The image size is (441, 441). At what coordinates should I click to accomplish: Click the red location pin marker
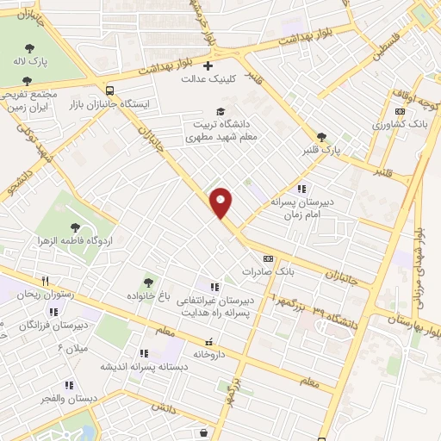click(221, 202)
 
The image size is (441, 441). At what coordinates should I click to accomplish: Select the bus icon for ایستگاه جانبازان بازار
click(109, 90)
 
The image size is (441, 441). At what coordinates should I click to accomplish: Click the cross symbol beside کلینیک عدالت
click(206, 65)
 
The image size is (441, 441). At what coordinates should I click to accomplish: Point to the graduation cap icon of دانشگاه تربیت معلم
click(221, 111)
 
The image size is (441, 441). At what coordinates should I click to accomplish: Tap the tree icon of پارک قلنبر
click(322, 137)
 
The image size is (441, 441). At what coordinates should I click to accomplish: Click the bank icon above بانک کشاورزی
click(400, 111)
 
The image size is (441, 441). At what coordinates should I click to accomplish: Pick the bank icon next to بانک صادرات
click(268, 258)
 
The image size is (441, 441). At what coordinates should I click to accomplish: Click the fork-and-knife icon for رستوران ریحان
click(45, 281)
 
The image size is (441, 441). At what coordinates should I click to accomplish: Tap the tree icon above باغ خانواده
click(149, 282)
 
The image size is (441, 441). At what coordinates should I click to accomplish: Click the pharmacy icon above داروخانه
click(208, 341)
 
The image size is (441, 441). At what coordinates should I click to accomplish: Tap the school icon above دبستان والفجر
click(69, 385)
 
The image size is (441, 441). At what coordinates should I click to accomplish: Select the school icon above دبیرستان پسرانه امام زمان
click(301, 188)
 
